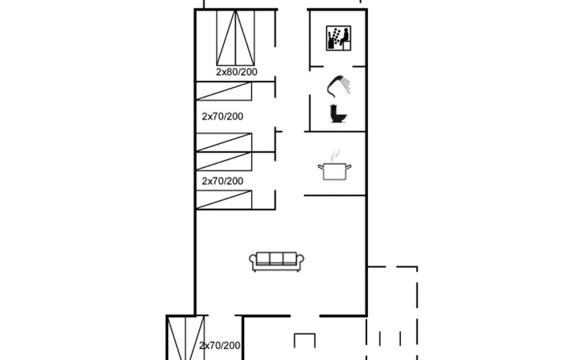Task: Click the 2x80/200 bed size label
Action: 237,72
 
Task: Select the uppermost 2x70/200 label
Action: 222,117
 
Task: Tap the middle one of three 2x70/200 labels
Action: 222,181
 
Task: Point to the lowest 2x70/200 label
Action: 219,346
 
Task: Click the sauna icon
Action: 338,38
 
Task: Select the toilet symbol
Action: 338,113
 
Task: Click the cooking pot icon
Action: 334,171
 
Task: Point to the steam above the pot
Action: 335,154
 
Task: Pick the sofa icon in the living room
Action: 276,262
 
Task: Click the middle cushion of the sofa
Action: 276,258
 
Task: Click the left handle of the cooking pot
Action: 321,167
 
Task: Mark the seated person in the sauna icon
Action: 345,38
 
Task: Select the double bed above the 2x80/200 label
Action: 235,38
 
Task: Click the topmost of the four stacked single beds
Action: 224,91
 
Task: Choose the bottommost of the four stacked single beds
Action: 224,199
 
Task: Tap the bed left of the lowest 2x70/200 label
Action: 186,338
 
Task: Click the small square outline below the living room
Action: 305,340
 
